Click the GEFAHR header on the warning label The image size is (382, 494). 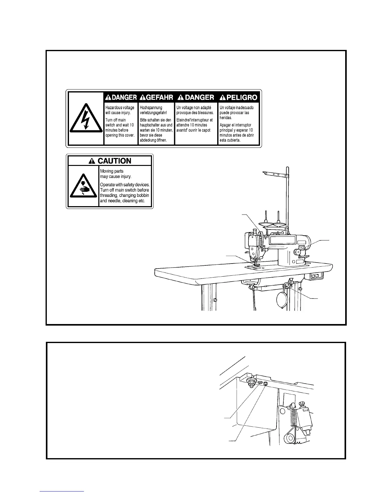156,98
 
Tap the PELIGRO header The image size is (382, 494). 239,98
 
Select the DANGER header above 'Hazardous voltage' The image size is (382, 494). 121,98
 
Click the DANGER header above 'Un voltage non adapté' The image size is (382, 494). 196,98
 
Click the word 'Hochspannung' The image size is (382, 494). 151,108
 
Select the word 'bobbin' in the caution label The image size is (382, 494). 143,196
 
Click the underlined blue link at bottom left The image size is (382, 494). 62,492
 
